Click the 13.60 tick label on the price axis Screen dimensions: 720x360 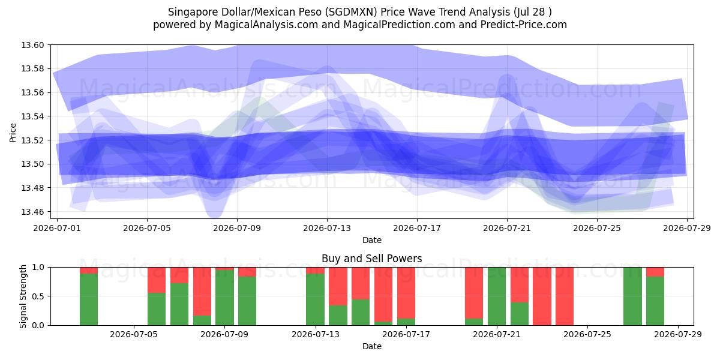pyautogui.click(x=32, y=45)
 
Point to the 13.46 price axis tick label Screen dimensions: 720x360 pyautogui.click(x=32, y=212)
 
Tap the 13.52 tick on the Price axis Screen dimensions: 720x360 pyautogui.click(x=32, y=140)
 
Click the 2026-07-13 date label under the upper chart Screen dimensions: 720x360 pyautogui.click(x=327, y=228)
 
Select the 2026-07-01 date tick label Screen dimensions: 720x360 pyautogui.click(x=57, y=228)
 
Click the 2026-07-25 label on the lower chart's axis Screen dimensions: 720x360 pyautogui.click(x=587, y=335)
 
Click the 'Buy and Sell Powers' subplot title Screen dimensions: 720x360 pyautogui.click(x=372, y=259)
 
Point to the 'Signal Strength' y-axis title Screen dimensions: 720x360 pyautogui.click(x=23, y=296)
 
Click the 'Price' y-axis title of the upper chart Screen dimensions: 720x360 pyautogui.click(x=13, y=133)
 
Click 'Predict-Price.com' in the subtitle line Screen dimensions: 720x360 pyautogui.click(x=524, y=25)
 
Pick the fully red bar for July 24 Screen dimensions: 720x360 pyautogui.click(x=565, y=296)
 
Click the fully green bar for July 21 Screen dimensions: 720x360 pyautogui.click(x=497, y=296)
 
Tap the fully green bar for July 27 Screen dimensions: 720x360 pyautogui.click(x=632, y=296)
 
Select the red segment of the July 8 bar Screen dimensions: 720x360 pyautogui.click(x=202, y=292)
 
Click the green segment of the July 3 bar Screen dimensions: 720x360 pyautogui.click(x=89, y=299)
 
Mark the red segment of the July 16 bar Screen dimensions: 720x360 pyautogui.click(x=383, y=295)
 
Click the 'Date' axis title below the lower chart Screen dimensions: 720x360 pyautogui.click(x=372, y=347)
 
